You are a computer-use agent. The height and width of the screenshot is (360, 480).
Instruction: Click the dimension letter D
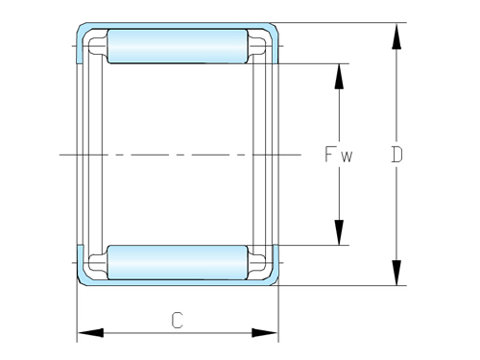click(396, 154)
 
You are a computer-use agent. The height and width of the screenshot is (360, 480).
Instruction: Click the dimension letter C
click(177, 321)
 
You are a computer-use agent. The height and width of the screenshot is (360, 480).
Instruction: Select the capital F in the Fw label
click(329, 154)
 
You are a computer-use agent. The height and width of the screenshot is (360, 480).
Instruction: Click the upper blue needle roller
click(177, 46)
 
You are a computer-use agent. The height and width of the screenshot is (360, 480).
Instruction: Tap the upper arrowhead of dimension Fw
click(339, 78)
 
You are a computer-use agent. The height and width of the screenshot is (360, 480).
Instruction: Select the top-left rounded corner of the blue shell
click(83, 30)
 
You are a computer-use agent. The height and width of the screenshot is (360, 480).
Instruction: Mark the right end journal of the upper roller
click(257, 45)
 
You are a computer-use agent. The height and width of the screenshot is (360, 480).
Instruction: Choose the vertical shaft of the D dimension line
click(396, 106)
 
